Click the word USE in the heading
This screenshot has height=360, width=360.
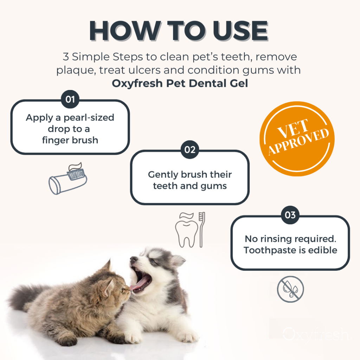(x=240, y=31)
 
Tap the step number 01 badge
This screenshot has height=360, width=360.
(x=70, y=99)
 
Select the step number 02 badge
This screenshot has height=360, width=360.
(x=190, y=150)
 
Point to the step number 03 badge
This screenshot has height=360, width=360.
(x=290, y=215)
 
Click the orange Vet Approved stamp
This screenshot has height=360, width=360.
(x=297, y=139)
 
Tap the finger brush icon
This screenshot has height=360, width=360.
(x=68, y=179)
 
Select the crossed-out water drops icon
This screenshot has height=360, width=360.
(x=290, y=289)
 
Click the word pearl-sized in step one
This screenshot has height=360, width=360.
(x=89, y=117)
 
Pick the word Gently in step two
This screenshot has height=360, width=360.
(x=163, y=175)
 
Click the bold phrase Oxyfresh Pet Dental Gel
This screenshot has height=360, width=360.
(x=180, y=83)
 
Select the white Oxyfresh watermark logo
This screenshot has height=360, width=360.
(x=316, y=334)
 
